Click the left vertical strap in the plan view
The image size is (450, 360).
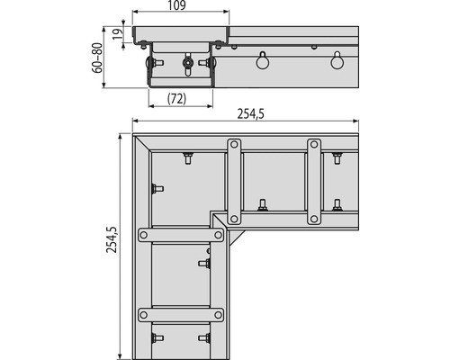click(x=235, y=181)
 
